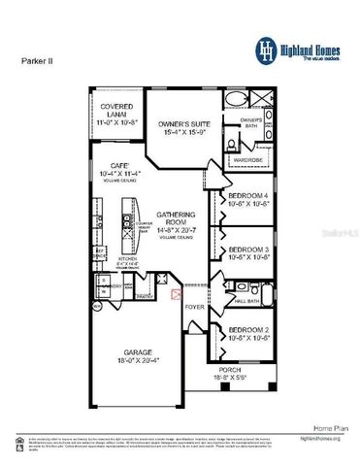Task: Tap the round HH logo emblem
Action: (x=265, y=48)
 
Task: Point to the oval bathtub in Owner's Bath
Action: (x=237, y=99)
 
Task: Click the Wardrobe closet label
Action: (x=247, y=158)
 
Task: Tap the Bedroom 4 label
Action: (x=249, y=200)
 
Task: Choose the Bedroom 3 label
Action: (x=249, y=253)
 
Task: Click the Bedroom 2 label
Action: (x=249, y=333)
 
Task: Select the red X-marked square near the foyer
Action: (x=176, y=293)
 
